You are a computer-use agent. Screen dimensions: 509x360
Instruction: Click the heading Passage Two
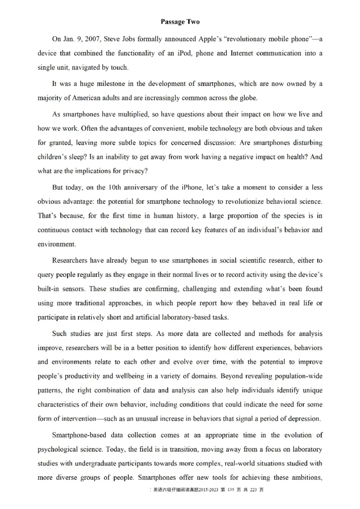(180, 22)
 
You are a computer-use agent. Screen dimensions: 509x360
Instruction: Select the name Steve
(106, 39)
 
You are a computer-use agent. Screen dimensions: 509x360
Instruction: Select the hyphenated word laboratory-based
(189, 317)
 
